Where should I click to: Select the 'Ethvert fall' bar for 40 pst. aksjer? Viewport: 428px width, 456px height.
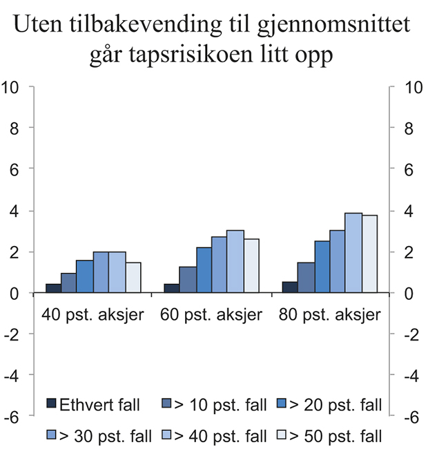tap(52, 288)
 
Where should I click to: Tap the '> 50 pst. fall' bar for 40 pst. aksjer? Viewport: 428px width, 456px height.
tap(133, 277)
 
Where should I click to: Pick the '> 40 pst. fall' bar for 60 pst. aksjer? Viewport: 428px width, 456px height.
tap(235, 262)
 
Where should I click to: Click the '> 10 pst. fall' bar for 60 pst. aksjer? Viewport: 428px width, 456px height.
tap(187, 280)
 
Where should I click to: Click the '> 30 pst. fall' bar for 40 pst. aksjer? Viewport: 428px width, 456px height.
tap(101, 272)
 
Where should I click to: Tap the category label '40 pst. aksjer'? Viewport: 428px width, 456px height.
tap(93, 315)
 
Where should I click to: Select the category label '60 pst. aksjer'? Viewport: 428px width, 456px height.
tap(211, 315)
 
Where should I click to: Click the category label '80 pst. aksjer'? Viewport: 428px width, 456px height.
tap(329, 315)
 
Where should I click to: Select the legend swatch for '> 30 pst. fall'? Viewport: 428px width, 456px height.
tap(51, 435)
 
